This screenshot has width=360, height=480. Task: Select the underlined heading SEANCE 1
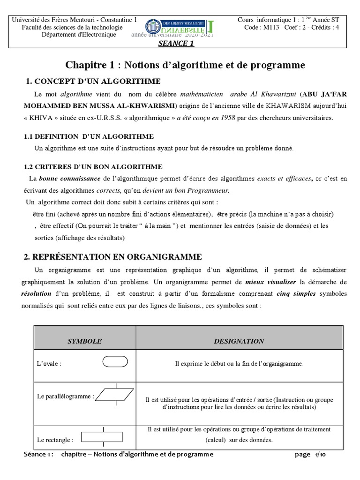click(176, 44)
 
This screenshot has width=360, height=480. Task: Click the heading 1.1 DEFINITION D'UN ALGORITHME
click(89, 136)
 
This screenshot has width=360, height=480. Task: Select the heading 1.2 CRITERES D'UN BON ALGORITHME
click(93, 166)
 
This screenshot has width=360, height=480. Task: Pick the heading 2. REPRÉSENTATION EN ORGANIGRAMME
click(113, 257)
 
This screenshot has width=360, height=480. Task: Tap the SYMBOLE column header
click(85, 341)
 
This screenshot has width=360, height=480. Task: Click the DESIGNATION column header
click(239, 341)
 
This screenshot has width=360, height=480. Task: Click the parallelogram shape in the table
click(114, 396)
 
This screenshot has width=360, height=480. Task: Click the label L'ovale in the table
click(49, 364)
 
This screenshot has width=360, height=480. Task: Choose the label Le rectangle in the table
click(55, 440)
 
